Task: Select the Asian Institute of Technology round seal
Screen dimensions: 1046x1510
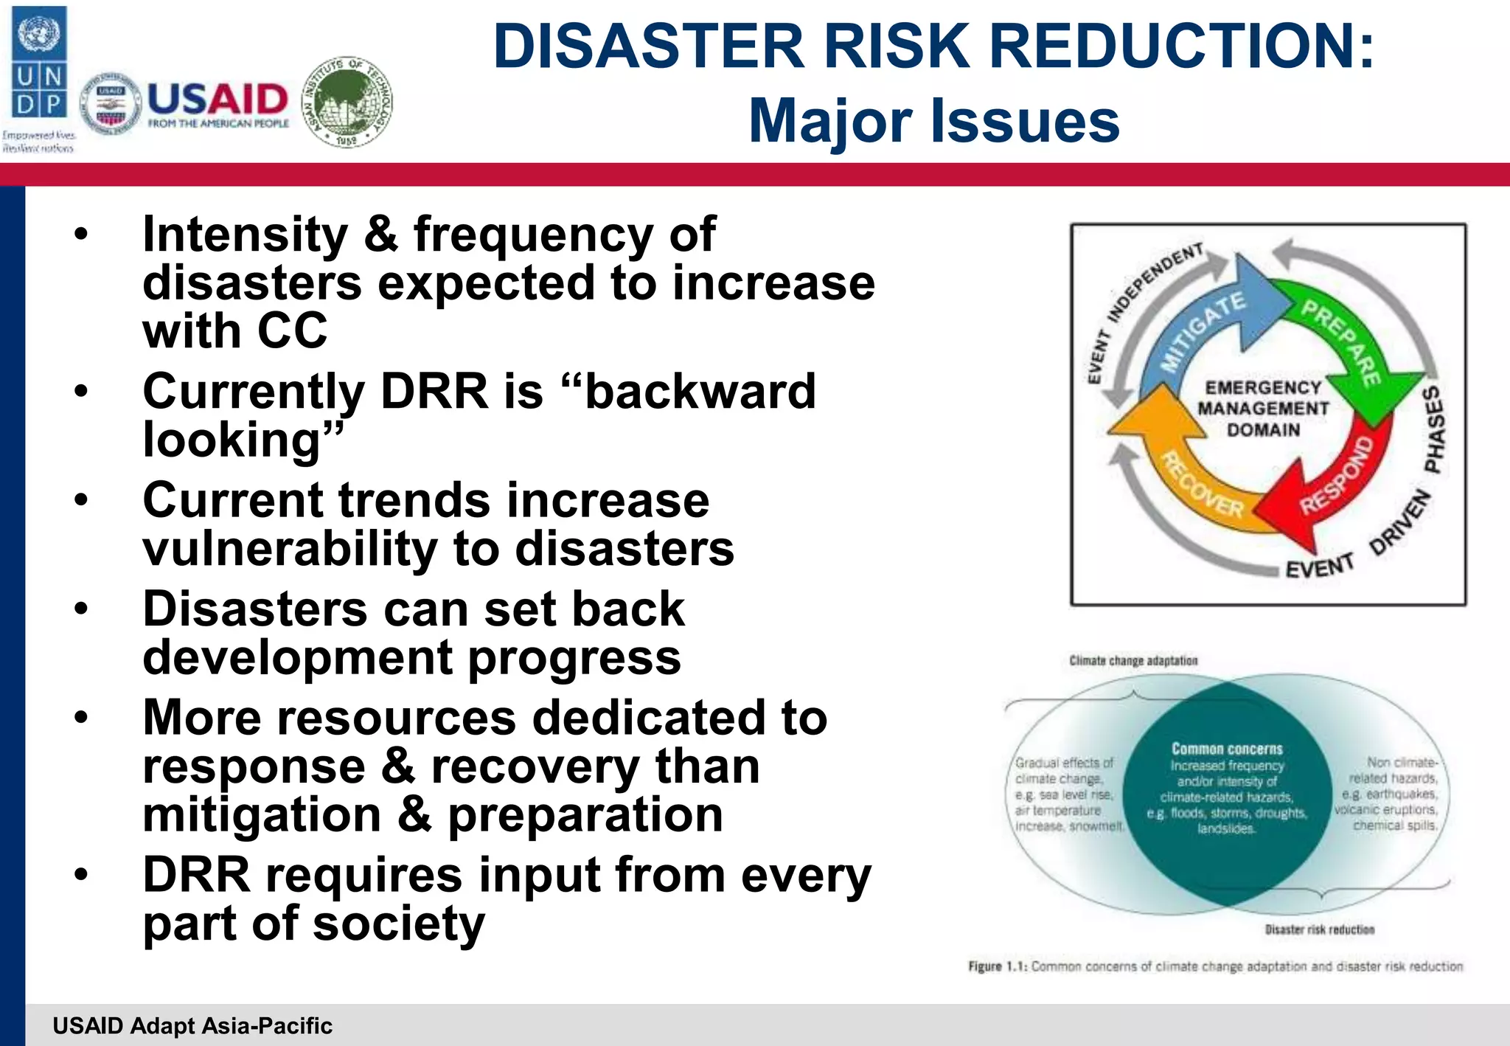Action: pyautogui.click(x=348, y=102)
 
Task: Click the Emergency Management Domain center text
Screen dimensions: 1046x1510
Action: pyautogui.click(x=1264, y=408)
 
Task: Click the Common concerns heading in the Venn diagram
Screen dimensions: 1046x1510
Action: pyautogui.click(x=1227, y=749)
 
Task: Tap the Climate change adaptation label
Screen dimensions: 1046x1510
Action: pyautogui.click(x=1133, y=660)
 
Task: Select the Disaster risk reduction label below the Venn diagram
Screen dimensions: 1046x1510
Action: pyautogui.click(x=1319, y=929)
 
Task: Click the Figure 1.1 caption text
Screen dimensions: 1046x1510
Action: pyautogui.click(x=1215, y=966)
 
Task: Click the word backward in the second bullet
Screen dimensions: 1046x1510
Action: pyautogui.click(x=700, y=391)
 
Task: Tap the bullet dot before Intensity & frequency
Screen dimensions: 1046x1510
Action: pyautogui.click(x=80, y=235)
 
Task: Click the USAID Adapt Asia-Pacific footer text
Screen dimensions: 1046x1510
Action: pyautogui.click(x=192, y=1025)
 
